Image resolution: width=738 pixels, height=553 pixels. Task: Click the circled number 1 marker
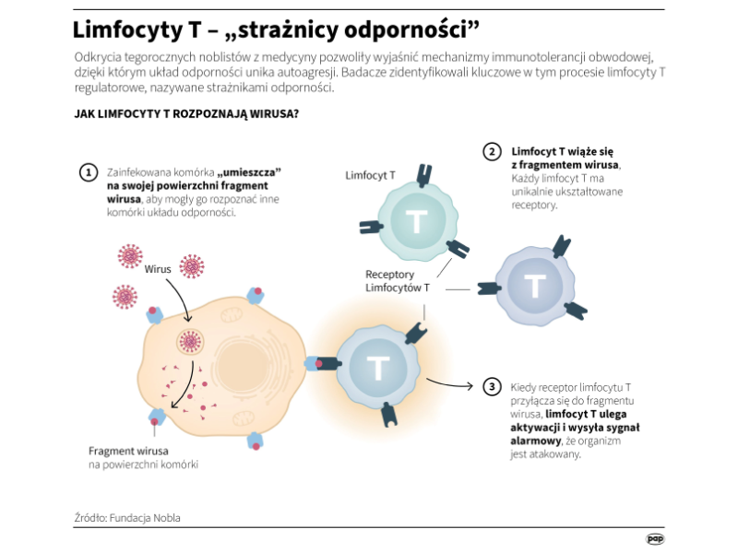pyautogui.click(x=89, y=172)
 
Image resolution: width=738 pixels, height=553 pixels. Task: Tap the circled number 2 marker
pyautogui.click(x=493, y=151)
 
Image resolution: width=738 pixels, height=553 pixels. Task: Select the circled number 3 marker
pyautogui.click(x=493, y=387)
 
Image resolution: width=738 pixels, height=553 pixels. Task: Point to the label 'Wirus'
pyautogui.click(x=157, y=269)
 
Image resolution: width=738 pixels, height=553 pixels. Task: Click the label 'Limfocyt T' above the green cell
pyautogui.click(x=370, y=175)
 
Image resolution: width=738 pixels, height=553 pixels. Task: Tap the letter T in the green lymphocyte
pyautogui.click(x=416, y=221)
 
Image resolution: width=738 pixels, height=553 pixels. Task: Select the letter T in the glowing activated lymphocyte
pyautogui.click(x=377, y=367)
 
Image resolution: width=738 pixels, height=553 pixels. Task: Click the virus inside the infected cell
pyautogui.click(x=191, y=342)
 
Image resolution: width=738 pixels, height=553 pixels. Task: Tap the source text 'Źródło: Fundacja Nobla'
pyautogui.click(x=127, y=518)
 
